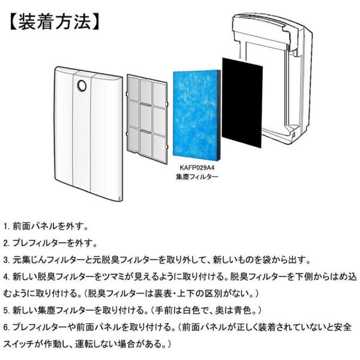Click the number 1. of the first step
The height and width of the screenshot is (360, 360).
coord(7,227)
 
